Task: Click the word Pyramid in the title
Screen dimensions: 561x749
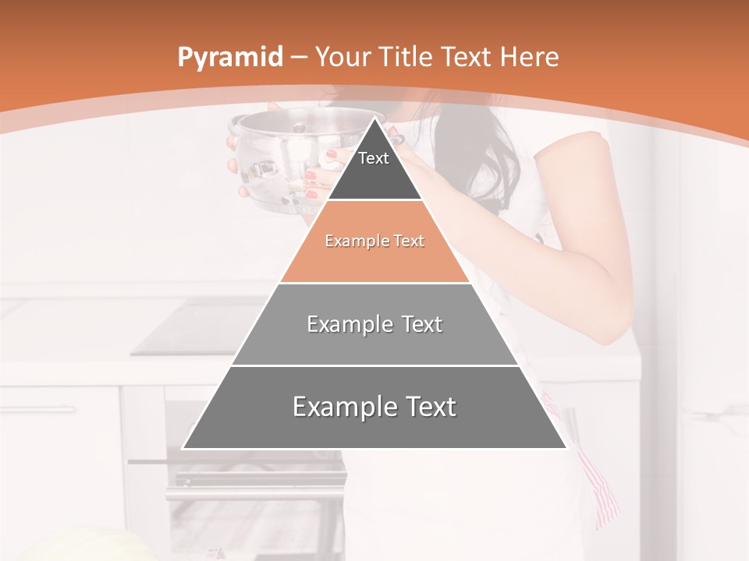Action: click(x=229, y=58)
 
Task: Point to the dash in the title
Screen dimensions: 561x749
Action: click(x=298, y=58)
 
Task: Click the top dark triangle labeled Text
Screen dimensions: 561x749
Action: click(x=374, y=168)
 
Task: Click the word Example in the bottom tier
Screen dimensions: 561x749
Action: click(x=341, y=407)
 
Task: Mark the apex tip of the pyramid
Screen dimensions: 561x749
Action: click(x=374, y=119)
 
